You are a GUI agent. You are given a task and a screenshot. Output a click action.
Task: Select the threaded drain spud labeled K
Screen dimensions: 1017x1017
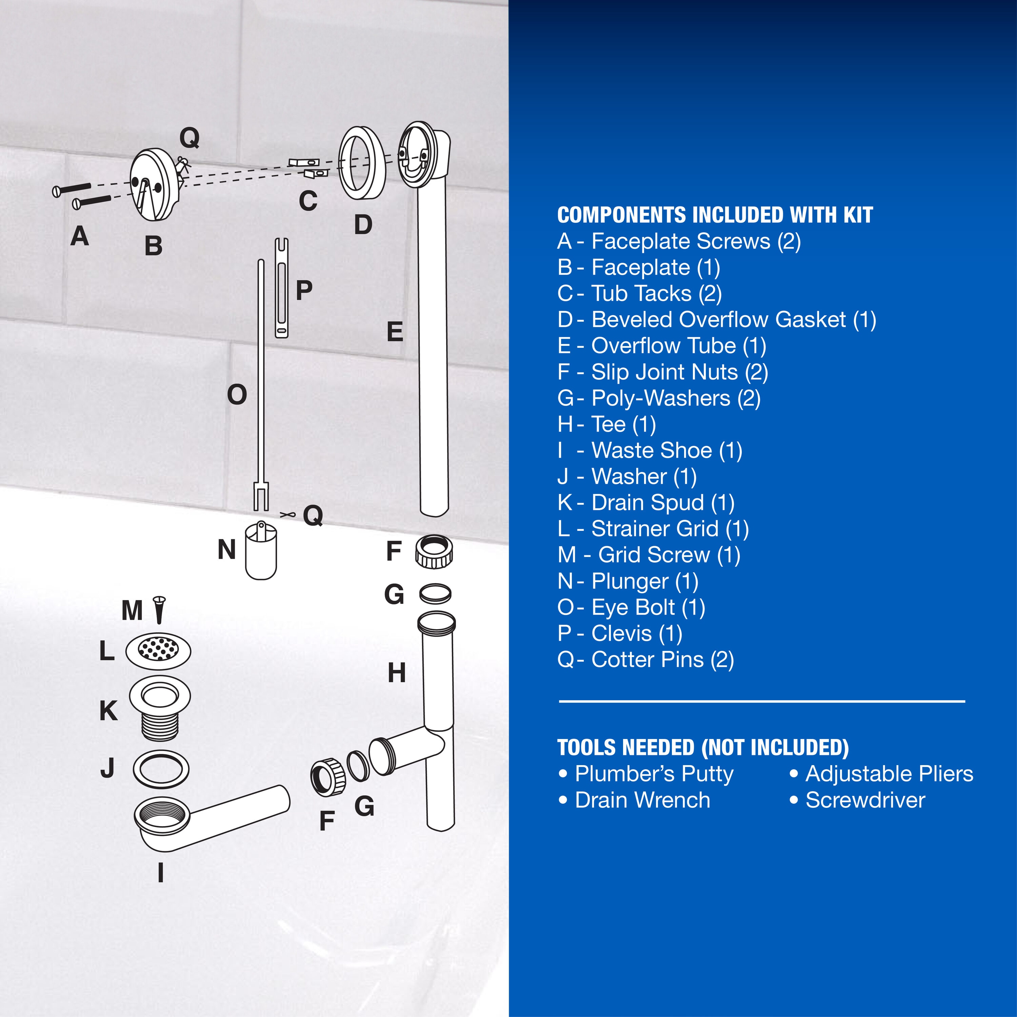[x=160, y=709]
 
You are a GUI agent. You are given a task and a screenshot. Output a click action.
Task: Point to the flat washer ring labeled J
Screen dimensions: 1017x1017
[x=161, y=769]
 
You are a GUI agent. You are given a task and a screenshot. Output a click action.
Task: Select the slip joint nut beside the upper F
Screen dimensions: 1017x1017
[x=434, y=551]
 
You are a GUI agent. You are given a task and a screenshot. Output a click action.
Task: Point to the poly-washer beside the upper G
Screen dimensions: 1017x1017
[x=435, y=593]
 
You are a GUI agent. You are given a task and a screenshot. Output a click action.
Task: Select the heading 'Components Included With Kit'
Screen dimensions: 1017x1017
[x=715, y=215]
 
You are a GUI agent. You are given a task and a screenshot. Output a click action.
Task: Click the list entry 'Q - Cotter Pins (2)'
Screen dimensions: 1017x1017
[x=646, y=660]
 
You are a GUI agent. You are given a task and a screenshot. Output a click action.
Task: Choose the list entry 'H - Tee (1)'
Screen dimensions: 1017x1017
[x=607, y=424]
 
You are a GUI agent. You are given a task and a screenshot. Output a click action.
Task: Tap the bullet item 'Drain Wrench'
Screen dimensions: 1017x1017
[x=634, y=800]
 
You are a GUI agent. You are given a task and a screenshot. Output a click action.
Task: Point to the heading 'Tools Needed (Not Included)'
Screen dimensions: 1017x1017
[x=703, y=747]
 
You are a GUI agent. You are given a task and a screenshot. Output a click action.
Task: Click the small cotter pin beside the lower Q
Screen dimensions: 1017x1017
[x=287, y=514]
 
